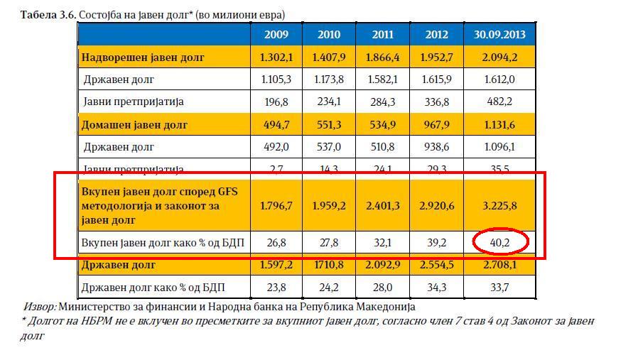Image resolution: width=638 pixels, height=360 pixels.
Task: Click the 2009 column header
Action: coord(276,34)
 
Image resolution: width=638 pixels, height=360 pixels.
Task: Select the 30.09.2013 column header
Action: coord(500,34)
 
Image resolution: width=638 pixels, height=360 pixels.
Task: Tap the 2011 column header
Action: coord(383,34)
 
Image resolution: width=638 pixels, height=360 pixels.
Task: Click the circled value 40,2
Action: coord(501,242)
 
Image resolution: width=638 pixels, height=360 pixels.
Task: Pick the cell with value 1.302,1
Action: coord(276,57)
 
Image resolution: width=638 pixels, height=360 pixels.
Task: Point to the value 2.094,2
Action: coord(500,57)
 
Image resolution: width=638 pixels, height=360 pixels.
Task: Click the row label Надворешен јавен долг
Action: coord(142,57)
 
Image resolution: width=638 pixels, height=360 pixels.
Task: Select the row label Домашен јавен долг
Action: coord(134,125)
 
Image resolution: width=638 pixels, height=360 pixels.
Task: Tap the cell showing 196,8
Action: coord(276,102)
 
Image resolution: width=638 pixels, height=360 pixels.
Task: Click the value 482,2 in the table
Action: coord(500,102)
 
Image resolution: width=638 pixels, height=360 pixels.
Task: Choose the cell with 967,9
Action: coord(436,125)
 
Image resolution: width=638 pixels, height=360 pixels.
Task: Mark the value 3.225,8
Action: coord(500,206)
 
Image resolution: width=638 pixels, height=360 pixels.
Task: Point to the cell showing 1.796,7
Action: coord(276,206)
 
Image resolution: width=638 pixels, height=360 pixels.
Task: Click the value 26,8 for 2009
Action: coord(276,242)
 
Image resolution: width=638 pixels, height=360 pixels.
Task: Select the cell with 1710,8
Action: coord(329,265)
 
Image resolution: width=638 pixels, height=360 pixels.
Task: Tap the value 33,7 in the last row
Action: coord(500,288)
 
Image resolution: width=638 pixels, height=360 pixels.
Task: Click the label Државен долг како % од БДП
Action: coord(163,288)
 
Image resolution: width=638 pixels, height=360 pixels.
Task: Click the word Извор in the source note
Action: coord(39,307)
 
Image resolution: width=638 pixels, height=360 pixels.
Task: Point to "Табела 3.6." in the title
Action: coord(48,14)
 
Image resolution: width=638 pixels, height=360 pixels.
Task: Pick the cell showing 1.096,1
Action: coord(500,147)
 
